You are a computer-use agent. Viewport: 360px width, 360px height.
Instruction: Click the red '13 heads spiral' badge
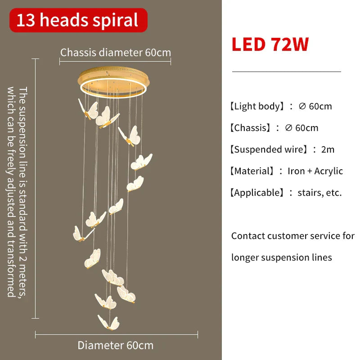78,20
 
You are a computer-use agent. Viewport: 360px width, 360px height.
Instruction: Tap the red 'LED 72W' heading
270,44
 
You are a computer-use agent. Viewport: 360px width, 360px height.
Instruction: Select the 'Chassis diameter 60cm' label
116,53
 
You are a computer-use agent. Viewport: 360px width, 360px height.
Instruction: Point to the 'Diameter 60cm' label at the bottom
116,345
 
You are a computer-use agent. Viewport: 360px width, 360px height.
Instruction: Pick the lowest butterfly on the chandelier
108,322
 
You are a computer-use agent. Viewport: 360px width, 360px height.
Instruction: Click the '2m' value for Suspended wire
328,149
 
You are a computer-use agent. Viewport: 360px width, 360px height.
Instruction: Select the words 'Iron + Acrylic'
315,171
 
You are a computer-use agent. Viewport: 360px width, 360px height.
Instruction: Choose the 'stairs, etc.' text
319,193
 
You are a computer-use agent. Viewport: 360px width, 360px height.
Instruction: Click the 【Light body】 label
257,106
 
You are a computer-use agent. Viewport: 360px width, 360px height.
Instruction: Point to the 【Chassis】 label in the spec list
250,128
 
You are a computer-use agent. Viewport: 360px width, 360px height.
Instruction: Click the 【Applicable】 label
257,193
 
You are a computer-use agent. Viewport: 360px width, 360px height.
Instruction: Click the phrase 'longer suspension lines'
282,257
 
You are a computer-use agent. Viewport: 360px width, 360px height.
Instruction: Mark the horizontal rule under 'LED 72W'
287,72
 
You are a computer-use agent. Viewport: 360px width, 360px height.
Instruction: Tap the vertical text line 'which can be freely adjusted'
11,192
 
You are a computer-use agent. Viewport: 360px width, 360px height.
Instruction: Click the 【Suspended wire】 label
269,149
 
